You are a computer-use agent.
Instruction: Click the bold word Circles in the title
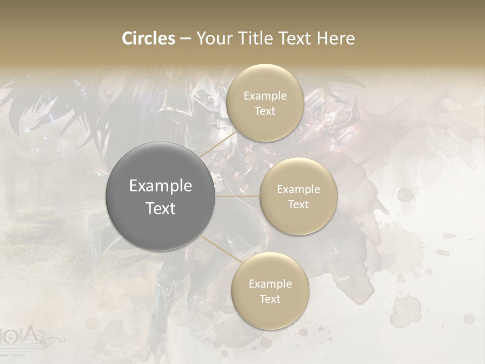click(x=149, y=38)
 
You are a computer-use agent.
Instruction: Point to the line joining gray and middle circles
click(x=237, y=196)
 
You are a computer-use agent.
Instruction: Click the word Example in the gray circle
click(x=161, y=186)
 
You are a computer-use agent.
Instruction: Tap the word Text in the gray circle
click(x=161, y=208)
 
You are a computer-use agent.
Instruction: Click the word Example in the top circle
click(x=265, y=96)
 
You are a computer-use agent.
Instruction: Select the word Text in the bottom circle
click(x=270, y=299)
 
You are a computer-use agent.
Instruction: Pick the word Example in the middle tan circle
click(x=299, y=190)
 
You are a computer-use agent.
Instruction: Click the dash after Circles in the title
click(x=185, y=39)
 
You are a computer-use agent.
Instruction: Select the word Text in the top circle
click(x=265, y=111)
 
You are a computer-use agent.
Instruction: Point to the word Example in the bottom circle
click(x=270, y=284)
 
